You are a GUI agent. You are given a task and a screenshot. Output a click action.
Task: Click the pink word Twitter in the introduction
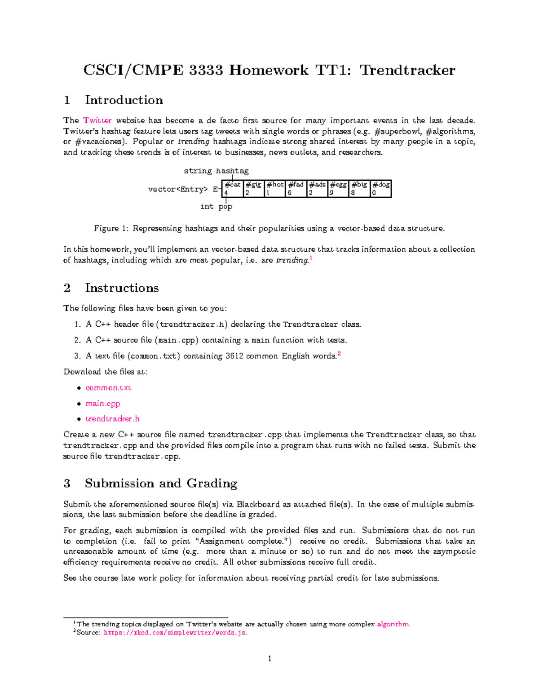click(x=97, y=120)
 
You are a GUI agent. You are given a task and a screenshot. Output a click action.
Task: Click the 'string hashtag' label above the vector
click(x=216, y=171)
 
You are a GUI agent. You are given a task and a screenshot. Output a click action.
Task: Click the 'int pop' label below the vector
click(x=216, y=206)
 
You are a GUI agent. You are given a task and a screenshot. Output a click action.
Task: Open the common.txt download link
click(x=108, y=388)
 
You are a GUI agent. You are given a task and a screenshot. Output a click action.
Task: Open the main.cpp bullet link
click(x=103, y=404)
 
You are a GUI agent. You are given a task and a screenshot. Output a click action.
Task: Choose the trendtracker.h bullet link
click(x=112, y=419)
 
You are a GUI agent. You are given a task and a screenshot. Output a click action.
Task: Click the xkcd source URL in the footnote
click(x=175, y=633)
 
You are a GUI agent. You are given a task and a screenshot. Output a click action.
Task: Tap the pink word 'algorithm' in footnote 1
click(x=393, y=624)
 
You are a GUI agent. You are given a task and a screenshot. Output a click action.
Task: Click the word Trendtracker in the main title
click(x=407, y=70)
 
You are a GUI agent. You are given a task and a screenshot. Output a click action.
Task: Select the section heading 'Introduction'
click(x=124, y=100)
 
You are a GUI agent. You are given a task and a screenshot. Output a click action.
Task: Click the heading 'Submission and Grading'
click(x=161, y=483)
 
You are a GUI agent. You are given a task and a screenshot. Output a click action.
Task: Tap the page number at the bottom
click(x=269, y=659)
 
